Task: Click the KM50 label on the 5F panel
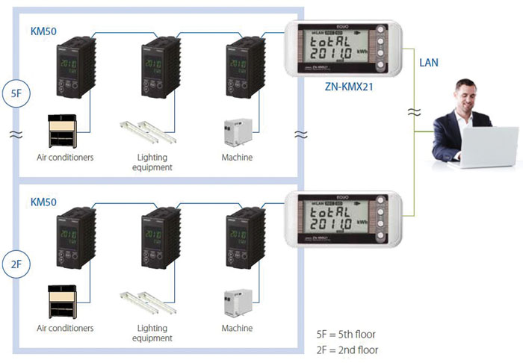43,32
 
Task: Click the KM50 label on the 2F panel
43,202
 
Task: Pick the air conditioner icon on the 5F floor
64,130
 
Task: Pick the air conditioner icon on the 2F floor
64,301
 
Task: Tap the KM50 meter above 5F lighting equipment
157,66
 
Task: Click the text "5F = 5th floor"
347,334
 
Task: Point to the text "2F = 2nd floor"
347,350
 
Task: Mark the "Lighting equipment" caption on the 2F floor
155,332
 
